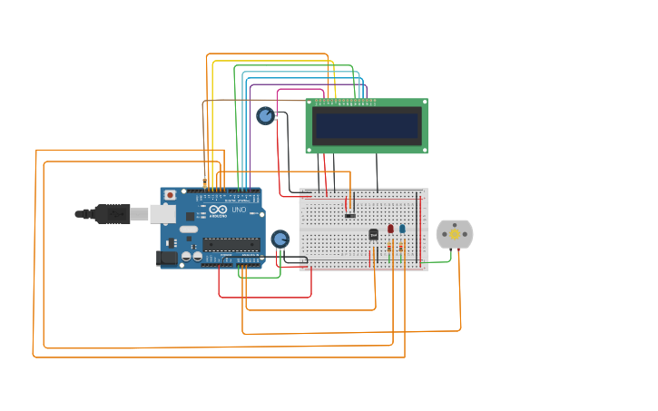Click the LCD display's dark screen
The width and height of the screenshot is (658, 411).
pos(368,124)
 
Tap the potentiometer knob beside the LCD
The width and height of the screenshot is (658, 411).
pos(265,115)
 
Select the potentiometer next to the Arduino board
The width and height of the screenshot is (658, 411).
pos(280,239)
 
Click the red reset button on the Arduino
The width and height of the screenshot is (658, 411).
pos(170,194)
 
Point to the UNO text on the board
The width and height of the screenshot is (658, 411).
pos(239,210)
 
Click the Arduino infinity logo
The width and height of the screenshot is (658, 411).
pos(218,210)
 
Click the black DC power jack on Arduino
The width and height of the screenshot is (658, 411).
pos(166,258)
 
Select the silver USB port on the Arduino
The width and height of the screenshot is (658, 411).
pos(162,214)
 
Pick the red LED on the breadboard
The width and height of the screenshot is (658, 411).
pos(390,230)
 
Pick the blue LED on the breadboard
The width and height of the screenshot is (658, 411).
pos(402,230)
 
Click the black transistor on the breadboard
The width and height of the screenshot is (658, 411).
pos(373,235)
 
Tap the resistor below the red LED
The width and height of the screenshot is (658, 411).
pos(390,246)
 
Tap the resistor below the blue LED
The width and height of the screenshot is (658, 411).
pos(402,246)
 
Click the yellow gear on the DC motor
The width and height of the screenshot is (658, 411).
pos(455,234)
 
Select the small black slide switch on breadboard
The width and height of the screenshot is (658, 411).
pos(350,215)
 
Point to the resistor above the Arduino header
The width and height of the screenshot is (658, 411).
pos(204,182)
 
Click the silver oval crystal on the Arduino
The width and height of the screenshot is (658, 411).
pos(188,229)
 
